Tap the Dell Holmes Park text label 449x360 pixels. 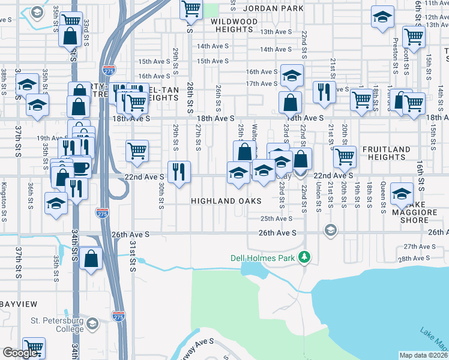pos(265,259)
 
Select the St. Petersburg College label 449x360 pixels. pos(58,325)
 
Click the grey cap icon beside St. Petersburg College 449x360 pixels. pos(92,325)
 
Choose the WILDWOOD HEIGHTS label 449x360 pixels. pos(234,25)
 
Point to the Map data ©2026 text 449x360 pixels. pos(423,355)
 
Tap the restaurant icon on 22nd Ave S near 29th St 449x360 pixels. pos(179,171)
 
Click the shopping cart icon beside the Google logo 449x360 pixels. pos(34,347)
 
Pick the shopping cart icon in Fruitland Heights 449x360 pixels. pos(345,156)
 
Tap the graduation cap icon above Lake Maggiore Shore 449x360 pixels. pos(402,193)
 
